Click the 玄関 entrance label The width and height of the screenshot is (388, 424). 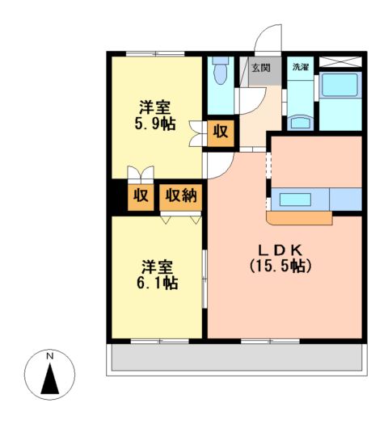click(261, 68)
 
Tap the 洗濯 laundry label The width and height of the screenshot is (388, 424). click(300, 67)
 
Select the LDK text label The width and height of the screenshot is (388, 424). click(281, 248)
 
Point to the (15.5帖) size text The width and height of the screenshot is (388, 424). click(281, 264)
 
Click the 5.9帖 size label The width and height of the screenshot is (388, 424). click(156, 124)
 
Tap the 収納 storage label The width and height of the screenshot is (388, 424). click(181, 195)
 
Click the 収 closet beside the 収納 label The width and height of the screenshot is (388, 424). click(141, 195)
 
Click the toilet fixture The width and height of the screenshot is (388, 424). click(219, 74)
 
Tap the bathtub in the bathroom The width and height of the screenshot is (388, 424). click(340, 87)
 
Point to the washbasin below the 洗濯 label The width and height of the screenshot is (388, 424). click(300, 121)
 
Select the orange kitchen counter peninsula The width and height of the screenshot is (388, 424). click(299, 217)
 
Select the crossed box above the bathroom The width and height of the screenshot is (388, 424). click(340, 62)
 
